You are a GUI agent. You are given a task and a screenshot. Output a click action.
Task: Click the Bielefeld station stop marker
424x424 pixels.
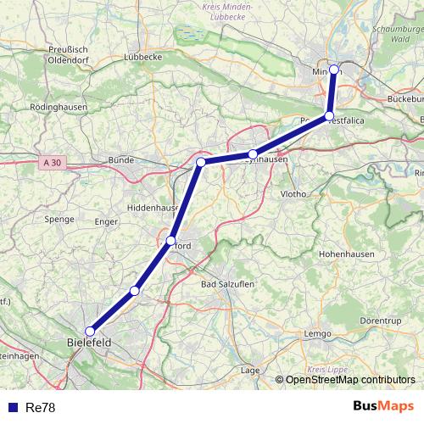pyautogui.click(x=90, y=332)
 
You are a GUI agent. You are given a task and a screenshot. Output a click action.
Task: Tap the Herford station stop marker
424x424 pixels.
pyautogui.click(x=171, y=241)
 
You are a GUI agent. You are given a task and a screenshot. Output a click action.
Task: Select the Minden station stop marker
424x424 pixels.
pyautogui.click(x=334, y=70)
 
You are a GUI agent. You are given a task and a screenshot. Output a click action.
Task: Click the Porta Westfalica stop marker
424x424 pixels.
pyautogui.click(x=329, y=116)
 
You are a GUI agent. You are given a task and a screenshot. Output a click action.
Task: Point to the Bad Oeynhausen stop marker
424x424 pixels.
pyautogui.click(x=252, y=154)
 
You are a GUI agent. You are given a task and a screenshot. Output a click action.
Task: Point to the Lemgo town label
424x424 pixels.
pyautogui.click(x=317, y=334)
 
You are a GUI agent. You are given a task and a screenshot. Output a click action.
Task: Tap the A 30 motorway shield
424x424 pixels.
pyautogui.click(x=50, y=161)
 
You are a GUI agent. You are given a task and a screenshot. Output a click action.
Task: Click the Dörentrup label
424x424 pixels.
pyautogui.click(x=380, y=322)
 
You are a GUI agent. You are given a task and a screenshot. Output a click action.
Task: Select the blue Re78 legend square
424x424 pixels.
pyautogui.click(x=12, y=408)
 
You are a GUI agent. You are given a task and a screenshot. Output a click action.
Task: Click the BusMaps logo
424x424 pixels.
pyautogui.click(x=382, y=407)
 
